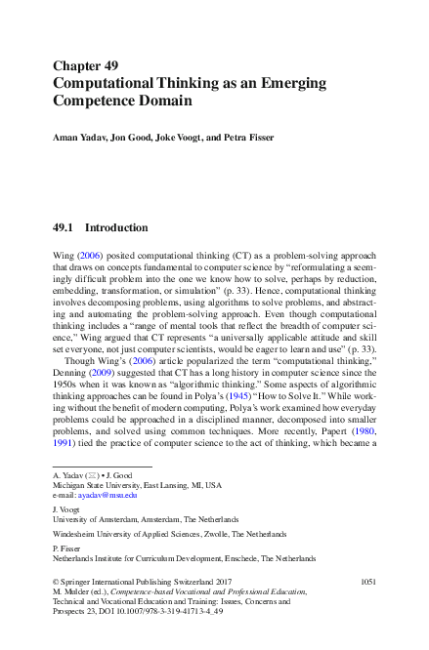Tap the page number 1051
[367, 582]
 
